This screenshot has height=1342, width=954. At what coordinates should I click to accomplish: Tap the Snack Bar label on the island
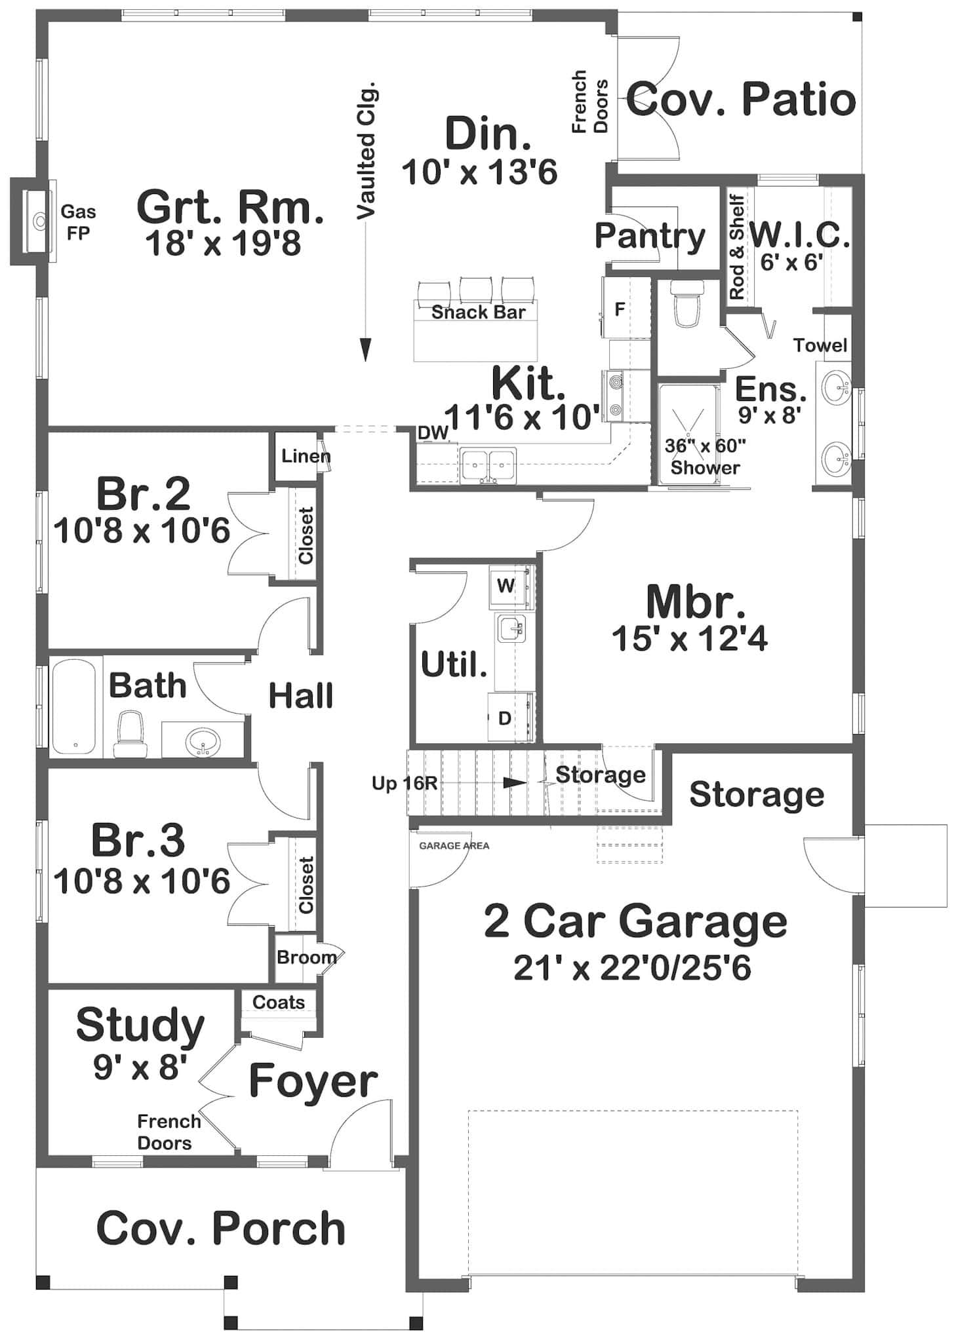click(478, 312)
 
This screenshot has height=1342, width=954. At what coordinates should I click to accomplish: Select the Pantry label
click(649, 235)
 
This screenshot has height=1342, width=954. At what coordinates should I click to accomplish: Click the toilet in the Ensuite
click(687, 303)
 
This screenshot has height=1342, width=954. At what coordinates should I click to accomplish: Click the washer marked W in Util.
click(506, 585)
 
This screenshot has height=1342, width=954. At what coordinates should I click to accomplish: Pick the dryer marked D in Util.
click(505, 718)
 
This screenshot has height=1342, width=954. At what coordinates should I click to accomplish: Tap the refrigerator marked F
click(620, 309)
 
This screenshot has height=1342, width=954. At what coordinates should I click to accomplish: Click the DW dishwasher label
click(433, 432)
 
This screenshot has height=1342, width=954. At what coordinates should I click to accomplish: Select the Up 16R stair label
click(405, 783)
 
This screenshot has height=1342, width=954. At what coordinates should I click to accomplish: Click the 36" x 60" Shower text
click(706, 457)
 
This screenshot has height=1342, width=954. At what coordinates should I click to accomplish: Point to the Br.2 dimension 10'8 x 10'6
click(142, 531)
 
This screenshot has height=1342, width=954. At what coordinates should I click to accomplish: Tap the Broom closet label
click(306, 957)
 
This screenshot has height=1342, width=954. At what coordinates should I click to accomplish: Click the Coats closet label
click(279, 1002)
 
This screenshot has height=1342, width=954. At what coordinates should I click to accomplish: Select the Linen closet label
click(305, 456)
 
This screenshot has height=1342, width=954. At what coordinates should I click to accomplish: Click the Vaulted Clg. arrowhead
click(365, 350)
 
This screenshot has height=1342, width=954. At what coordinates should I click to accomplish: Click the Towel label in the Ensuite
click(820, 345)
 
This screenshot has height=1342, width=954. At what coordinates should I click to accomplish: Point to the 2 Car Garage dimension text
click(632, 968)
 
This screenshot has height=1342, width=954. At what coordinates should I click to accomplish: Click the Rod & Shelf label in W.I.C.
click(737, 247)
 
